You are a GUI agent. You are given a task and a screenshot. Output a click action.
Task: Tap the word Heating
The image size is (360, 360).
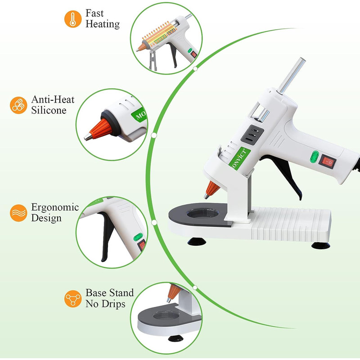pos(103,24)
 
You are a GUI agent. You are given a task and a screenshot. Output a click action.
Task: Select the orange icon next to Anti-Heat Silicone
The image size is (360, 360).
pos(18,105)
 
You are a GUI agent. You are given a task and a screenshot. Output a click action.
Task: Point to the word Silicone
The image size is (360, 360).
pos(49,110)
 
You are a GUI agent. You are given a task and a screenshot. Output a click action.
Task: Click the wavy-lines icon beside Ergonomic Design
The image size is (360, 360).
pos(18,212)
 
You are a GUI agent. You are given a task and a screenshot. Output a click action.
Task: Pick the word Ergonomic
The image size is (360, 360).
pos(55,208)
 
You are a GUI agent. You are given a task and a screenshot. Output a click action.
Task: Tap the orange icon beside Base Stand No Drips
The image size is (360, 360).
pos(72,298)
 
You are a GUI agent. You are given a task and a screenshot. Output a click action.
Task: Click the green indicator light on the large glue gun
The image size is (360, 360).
pos(316,157)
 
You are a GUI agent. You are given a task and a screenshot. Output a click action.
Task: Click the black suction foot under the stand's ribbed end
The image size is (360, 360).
pos(320,245)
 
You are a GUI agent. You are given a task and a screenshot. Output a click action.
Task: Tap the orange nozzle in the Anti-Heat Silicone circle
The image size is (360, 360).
pos(99,128)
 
